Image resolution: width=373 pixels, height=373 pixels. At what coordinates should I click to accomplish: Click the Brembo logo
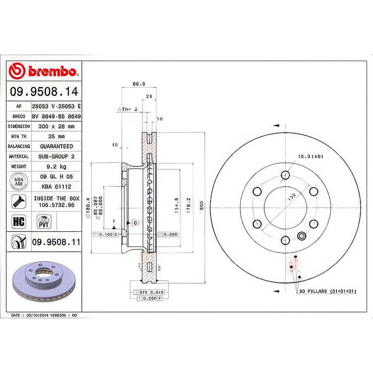coord(44,71)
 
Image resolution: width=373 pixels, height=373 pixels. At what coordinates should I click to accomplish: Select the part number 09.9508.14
coord(44,92)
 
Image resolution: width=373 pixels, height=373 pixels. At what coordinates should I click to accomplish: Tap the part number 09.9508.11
coord(56,242)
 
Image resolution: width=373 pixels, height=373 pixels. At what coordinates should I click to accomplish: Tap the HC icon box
coord(19,222)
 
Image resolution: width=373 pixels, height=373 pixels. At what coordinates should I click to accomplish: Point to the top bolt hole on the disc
coord(286,174)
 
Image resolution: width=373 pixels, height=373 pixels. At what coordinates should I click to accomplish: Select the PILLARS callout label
coord(328,291)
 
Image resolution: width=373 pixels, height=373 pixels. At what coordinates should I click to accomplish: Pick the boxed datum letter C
coord(135,223)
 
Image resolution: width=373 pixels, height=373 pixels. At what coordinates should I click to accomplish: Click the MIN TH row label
coord(19,136)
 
